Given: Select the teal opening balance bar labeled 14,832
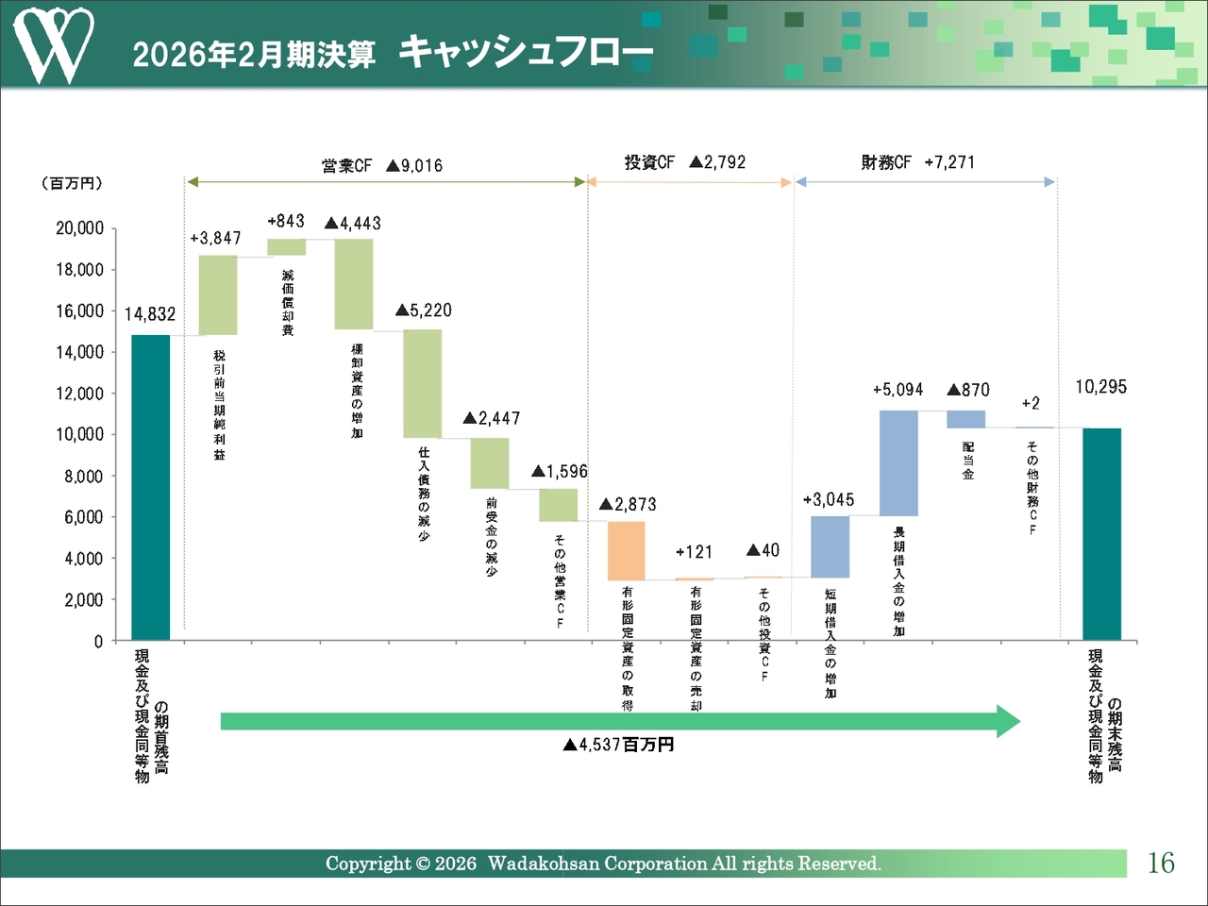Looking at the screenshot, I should pos(150,487).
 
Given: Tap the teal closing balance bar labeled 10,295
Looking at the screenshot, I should pos(1101,534).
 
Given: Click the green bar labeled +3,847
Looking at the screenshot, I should pos(218,294).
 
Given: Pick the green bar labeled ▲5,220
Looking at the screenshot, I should pos(422,383).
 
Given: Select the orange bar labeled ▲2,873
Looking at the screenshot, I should pos(626,550).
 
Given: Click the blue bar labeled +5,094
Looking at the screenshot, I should pos(898,462).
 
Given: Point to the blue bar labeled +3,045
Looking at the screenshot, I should pos(830,546).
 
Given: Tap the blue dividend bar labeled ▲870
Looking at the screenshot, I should pos(965,419).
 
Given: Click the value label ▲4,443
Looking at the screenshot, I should pos(353,224).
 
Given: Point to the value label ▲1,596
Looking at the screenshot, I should pos(560,471).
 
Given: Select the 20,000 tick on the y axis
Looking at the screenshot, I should pos(80,228).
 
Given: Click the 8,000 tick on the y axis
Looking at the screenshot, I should pos(84,477).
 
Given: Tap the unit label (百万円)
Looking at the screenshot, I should pos(72,183).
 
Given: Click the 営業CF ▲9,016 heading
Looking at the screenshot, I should pos(382,166).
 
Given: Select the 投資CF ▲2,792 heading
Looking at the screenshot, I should pos(685,162).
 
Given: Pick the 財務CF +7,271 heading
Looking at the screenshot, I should pos(917,162).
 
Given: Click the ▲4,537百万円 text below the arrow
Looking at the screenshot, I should pos(618,745).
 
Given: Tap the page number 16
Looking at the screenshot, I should pos(1161,863).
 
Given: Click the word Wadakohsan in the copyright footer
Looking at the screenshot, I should pos(543,864).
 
